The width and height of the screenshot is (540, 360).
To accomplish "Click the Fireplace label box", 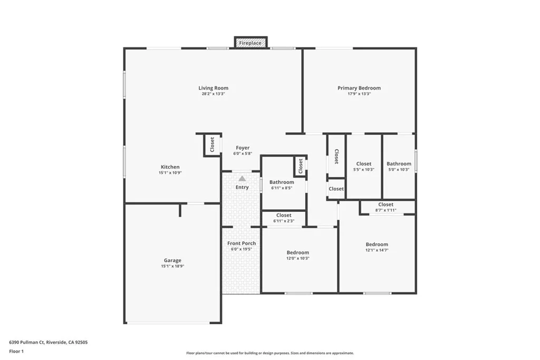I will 250,43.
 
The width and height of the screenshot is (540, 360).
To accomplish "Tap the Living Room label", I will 213,88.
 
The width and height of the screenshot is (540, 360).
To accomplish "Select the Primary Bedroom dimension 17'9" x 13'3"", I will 359,94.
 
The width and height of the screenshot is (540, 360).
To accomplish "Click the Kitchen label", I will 170,167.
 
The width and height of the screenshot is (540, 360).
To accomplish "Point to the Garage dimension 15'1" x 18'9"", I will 172,266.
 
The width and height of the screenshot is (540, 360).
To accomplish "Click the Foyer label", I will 243,148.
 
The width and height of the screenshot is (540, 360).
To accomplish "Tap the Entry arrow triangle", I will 242,179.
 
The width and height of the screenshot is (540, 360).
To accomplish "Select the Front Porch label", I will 242,243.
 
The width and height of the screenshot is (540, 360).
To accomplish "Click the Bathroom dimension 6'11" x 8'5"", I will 282,188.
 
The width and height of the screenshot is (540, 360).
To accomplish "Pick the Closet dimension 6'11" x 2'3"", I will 284,221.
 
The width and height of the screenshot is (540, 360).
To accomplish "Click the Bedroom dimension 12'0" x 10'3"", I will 297,258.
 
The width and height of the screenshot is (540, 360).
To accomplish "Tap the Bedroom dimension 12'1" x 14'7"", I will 377,250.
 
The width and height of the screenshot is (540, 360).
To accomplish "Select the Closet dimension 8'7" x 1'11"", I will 385,210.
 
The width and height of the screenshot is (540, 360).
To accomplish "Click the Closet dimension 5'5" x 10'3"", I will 364,170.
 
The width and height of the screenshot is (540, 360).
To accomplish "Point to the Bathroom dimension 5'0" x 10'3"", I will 399,170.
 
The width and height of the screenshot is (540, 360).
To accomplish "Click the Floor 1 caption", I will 17,351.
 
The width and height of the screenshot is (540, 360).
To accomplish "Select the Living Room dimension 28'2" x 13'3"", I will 213,94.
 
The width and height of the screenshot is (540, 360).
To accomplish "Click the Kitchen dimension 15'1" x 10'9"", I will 170,173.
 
